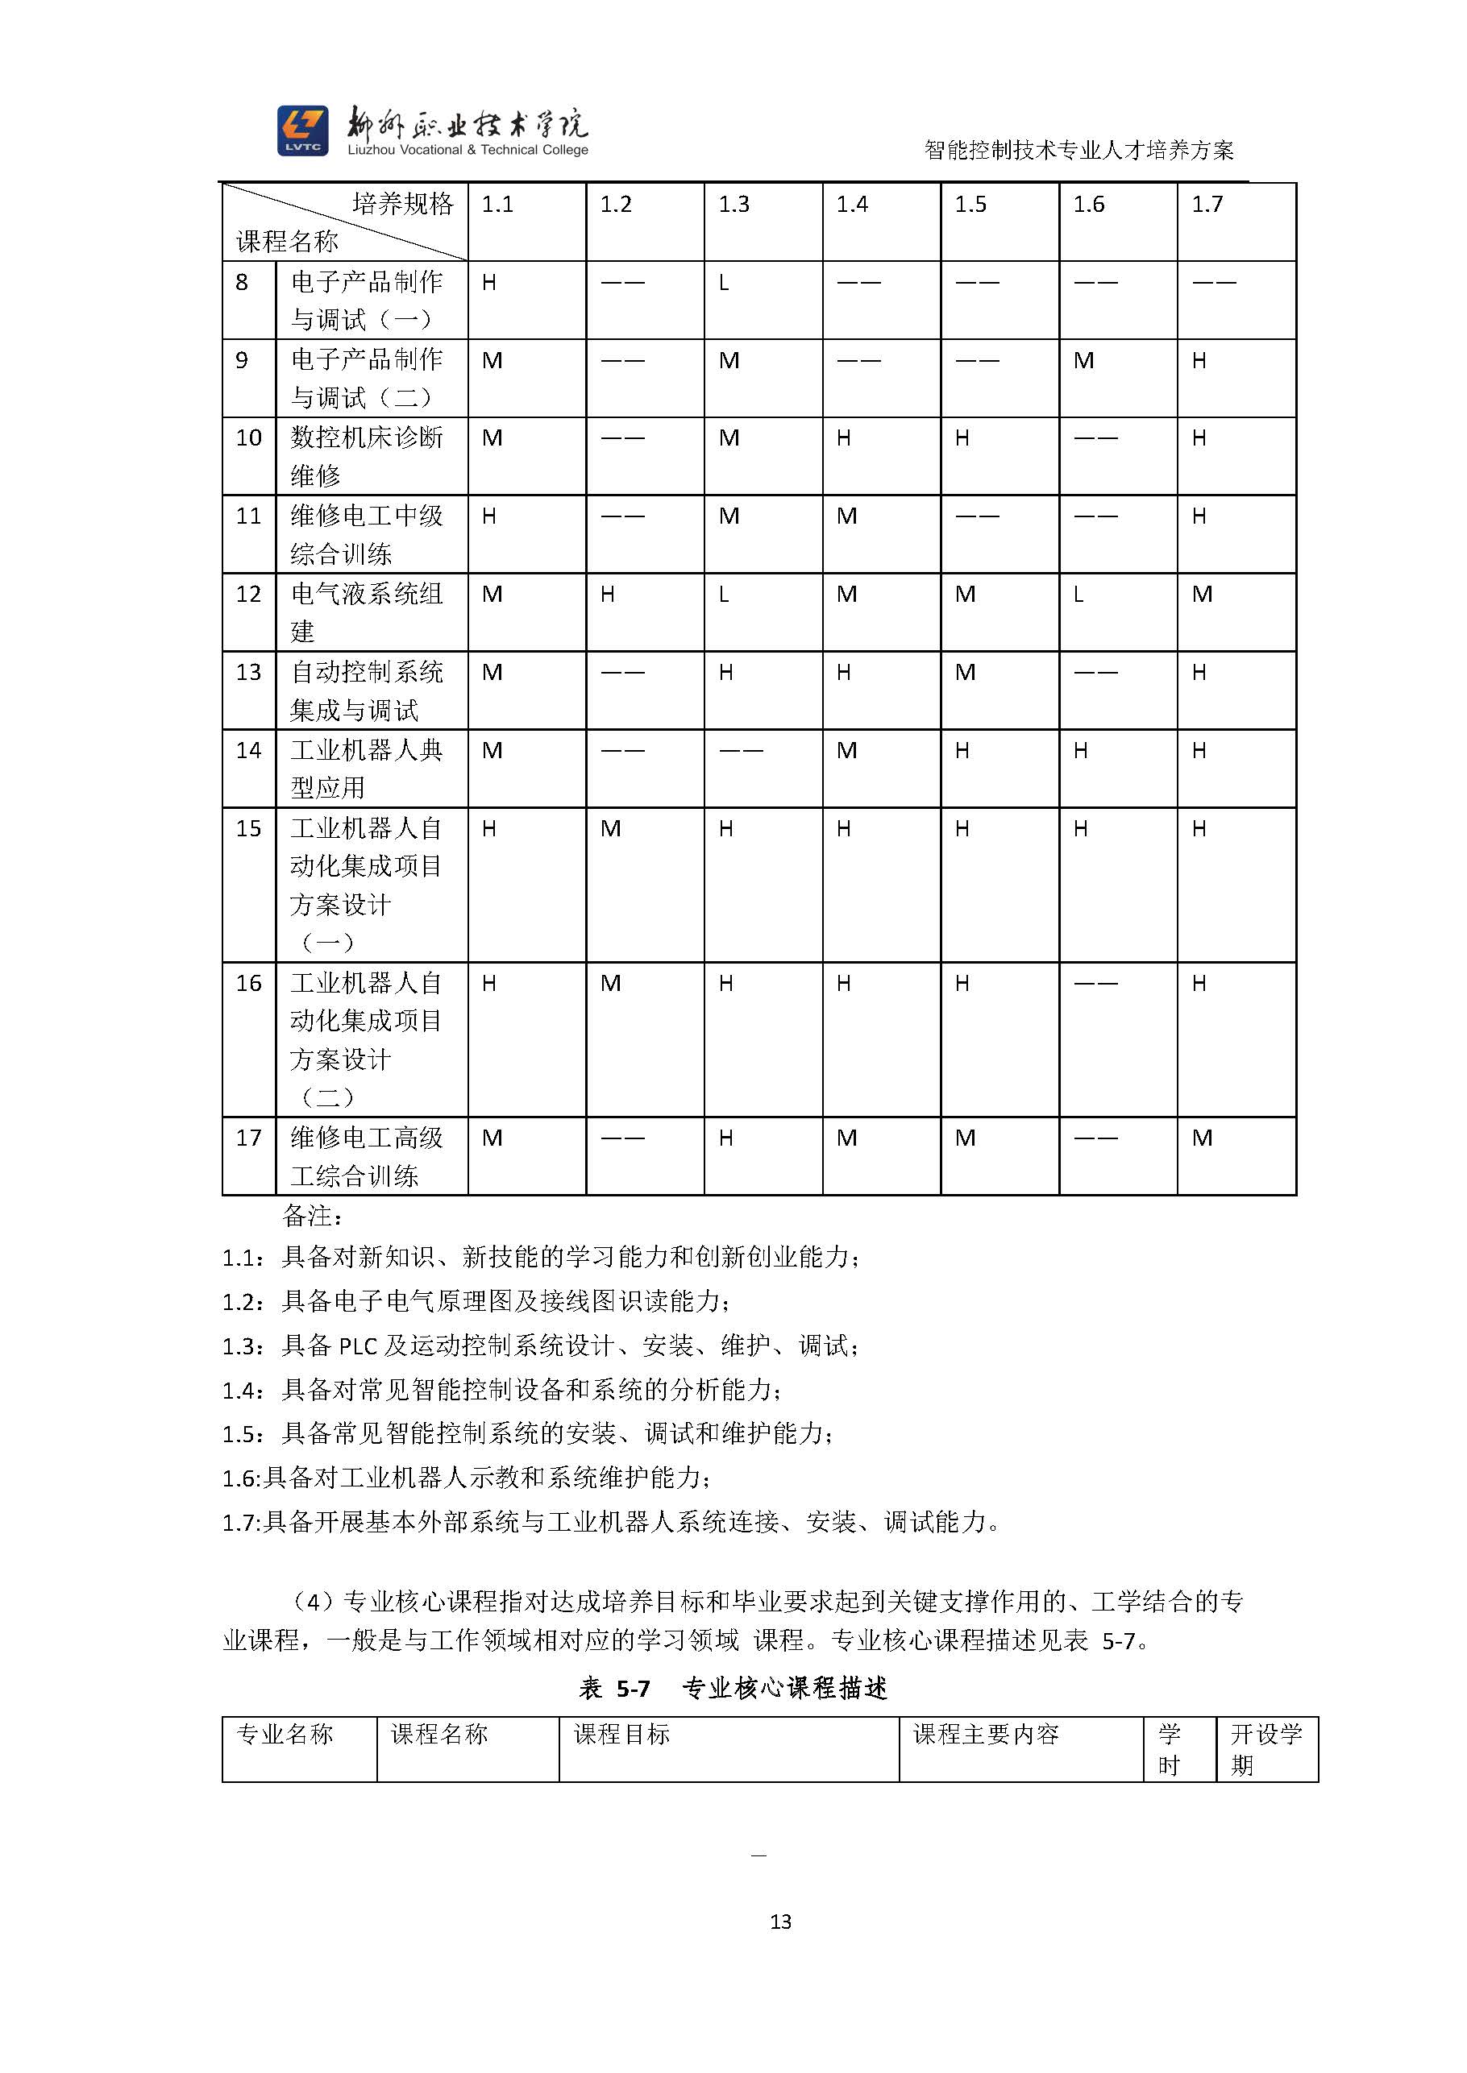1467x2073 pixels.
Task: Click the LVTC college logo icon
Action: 301,130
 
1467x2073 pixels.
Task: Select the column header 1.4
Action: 852,205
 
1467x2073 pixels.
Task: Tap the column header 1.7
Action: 1207,205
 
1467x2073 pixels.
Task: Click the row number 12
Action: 248,594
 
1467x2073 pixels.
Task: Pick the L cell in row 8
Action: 724,284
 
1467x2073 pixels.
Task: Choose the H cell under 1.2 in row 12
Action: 608,594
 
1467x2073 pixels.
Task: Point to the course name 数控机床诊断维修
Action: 366,456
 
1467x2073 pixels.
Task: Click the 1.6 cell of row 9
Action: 1084,361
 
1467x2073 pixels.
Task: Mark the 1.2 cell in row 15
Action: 611,829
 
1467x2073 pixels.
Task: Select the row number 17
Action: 248,1138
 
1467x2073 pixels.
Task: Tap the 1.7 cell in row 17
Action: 1202,1138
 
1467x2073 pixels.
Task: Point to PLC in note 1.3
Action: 358,1346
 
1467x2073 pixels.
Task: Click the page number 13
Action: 780,1922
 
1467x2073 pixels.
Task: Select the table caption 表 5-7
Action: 614,1689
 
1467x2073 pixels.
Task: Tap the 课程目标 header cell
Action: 621,1735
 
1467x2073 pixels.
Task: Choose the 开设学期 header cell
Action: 1265,1749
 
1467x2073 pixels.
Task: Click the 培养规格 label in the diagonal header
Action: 403,204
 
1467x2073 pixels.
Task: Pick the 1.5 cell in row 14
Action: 962,750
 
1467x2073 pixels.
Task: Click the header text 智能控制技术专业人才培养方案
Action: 1078,150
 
